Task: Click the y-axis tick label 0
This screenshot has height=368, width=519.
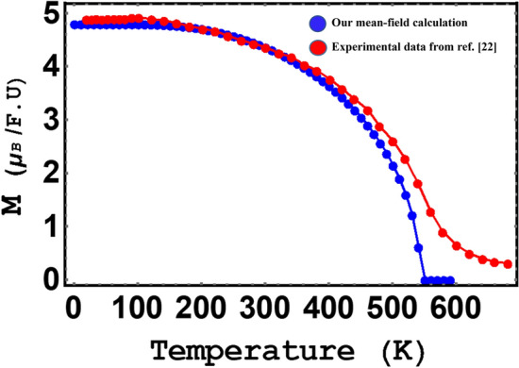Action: pos(49,280)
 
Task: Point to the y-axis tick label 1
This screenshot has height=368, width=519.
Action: pos(49,227)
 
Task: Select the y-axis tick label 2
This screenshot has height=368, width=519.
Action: pos(49,175)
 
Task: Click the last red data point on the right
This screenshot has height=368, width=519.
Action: pos(508,264)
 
